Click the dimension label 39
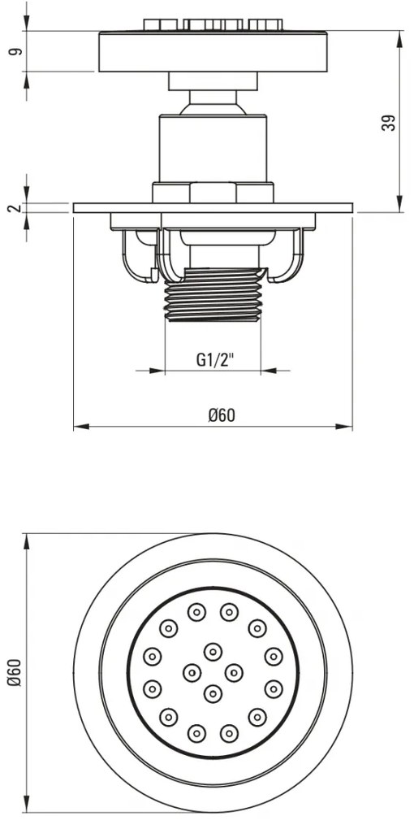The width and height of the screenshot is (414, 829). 389,124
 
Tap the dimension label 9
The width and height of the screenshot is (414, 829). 16,52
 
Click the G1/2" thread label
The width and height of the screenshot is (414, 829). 215,360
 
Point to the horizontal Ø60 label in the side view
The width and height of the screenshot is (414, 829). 222,415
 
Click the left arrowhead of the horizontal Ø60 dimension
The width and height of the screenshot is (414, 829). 81,427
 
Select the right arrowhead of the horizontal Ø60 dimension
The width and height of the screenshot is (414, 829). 344,427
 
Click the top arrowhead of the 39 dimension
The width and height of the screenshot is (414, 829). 398,38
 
